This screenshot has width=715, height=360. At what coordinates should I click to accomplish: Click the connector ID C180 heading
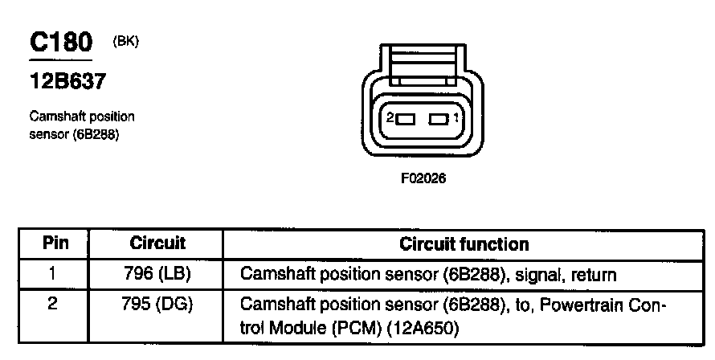(x=61, y=43)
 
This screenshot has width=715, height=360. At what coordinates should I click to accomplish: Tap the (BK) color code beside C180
(x=127, y=43)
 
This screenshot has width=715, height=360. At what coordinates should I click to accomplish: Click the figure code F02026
(x=423, y=179)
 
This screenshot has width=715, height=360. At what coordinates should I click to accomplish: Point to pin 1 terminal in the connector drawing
(x=438, y=120)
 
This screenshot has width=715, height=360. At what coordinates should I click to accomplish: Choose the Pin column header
(x=55, y=243)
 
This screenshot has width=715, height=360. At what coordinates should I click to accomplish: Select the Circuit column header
(x=157, y=243)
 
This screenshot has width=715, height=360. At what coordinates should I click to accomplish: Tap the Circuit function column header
(x=464, y=243)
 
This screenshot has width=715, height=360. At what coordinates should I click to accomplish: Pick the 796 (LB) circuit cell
(x=157, y=274)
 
